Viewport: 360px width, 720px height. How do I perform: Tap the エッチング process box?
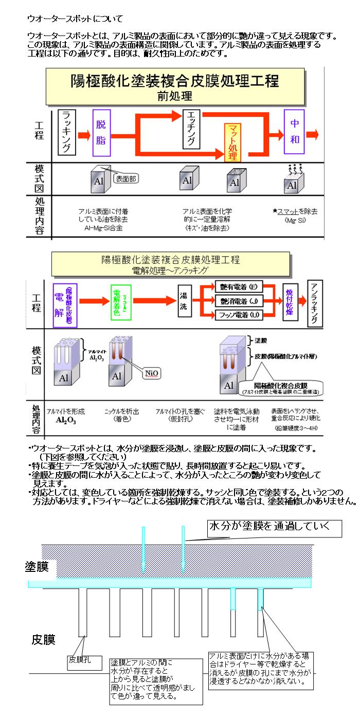pyautogui.click(x=191, y=128)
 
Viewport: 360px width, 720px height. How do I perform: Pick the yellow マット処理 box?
pyautogui.click(x=232, y=142)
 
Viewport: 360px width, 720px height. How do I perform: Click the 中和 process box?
pyautogui.click(x=295, y=132)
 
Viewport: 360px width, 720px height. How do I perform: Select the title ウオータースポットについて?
pyautogui.click(x=75, y=19)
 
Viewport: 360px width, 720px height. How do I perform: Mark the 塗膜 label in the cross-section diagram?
pyautogui.click(x=37, y=567)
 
